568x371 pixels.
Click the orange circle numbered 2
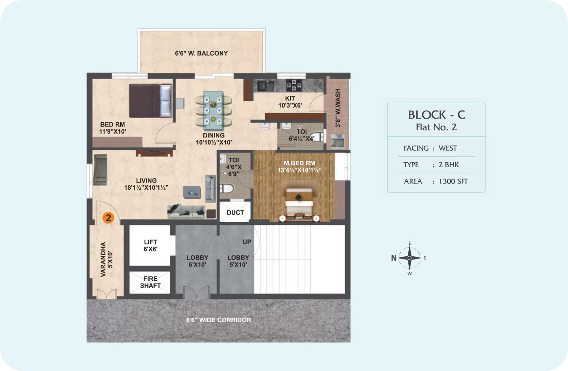[108, 218]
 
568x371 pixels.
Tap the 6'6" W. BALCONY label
[201, 53]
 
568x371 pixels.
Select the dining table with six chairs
[213, 111]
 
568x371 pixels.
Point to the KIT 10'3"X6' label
[290, 102]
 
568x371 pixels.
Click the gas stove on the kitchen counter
[294, 85]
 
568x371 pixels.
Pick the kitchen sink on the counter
[266, 86]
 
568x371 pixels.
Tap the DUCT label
[235, 212]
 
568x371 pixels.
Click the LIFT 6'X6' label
[150, 246]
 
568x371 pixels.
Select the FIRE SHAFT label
[150, 282]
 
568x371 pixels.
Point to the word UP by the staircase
[247, 242]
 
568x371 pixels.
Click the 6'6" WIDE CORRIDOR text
[218, 320]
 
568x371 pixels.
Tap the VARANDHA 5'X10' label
[106, 259]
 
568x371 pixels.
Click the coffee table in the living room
[192, 192]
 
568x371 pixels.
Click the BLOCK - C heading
[436, 115]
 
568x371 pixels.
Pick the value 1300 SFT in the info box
[453, 181]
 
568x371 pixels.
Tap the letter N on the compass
[394, 258]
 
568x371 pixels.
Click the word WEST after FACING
[448, 148]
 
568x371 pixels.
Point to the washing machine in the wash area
[338, 141]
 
